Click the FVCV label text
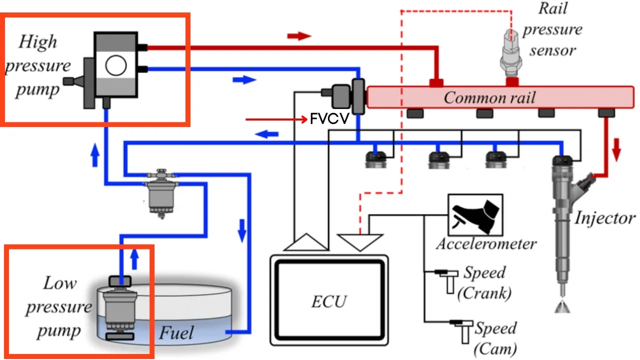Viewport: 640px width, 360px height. [x=329, y=120]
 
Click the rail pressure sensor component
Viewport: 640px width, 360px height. [x=511, y=55]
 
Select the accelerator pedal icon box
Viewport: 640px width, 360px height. [x=475, y=215]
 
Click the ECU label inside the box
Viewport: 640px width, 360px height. [x=329, y=301]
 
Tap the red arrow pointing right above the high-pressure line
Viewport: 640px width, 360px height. [x=299, y=36]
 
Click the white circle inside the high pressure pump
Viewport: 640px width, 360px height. [x=116, y=65]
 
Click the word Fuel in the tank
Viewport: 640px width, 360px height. [x=176, y=332]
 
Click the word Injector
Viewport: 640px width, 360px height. [x=604, y=218]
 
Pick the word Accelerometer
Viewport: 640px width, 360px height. [x=486, y=244]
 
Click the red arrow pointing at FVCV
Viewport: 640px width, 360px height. [x=275, y=120]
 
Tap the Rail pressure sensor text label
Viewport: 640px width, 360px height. [x=552, y=29]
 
